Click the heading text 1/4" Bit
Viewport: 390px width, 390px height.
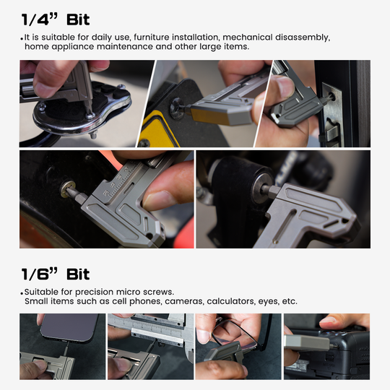click(x=56, y=19)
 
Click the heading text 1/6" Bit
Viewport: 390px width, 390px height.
click(x=56, y=274)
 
